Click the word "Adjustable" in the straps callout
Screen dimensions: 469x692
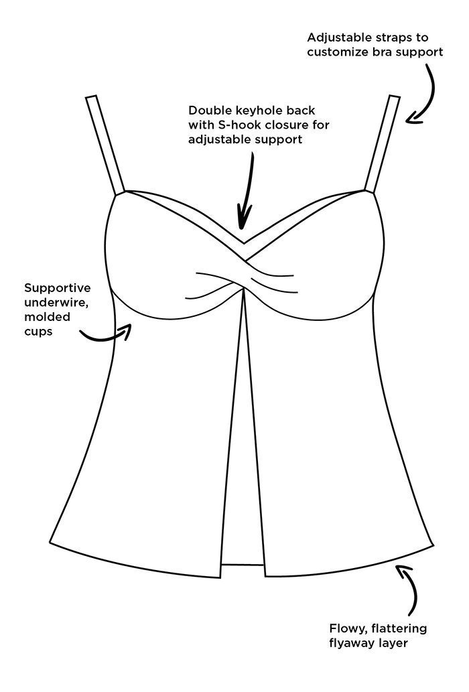click(x=339, y=38)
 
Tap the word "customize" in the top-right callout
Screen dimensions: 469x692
click(x=339, y=52)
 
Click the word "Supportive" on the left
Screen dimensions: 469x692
click(x=58, y=288)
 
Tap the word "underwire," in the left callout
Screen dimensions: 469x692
click(x=53, y=303)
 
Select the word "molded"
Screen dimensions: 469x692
click(x=47, y=317)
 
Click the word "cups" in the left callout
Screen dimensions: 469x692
click(x=38, y=332)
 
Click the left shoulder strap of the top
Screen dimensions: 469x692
click(x=105, y=145)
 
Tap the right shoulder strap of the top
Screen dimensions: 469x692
click(x=382, y=144)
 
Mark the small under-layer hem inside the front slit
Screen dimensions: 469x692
click(x=243, y=564)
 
